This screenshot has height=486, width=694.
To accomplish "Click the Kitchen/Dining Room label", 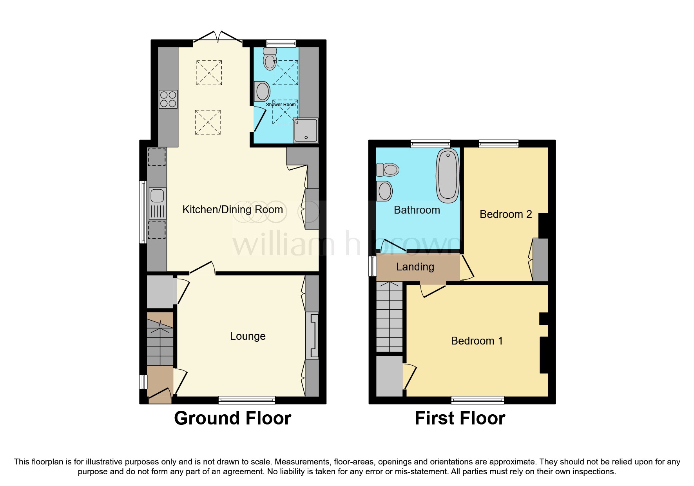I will [232, 210].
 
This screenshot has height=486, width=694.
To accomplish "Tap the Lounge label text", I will [248, 336].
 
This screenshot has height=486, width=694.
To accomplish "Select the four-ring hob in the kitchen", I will [168, 99].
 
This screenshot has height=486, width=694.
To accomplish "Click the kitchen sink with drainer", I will [158, 203].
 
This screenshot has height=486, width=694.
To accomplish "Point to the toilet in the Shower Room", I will [270, 60].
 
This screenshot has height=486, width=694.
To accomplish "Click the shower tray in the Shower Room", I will [306, 130].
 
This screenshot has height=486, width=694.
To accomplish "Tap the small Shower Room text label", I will [281, 105].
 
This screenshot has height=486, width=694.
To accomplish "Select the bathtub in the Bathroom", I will [448, 175].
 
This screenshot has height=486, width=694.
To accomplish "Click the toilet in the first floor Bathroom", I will [388, 170].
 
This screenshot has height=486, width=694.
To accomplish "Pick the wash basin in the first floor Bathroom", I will [384, 191].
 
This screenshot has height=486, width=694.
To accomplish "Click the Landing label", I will [415, 267].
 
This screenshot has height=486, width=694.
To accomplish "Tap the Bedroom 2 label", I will [506, 214].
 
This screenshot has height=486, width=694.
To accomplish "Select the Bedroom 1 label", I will [477, 341].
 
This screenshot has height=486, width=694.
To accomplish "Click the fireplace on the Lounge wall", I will [312, 335].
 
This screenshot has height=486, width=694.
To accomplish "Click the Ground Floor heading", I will [232, 418].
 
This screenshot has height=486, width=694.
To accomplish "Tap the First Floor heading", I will [460, 418].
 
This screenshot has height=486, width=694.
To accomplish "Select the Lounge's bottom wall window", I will [247, 400].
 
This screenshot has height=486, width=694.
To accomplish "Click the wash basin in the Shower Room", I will [263, 92].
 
